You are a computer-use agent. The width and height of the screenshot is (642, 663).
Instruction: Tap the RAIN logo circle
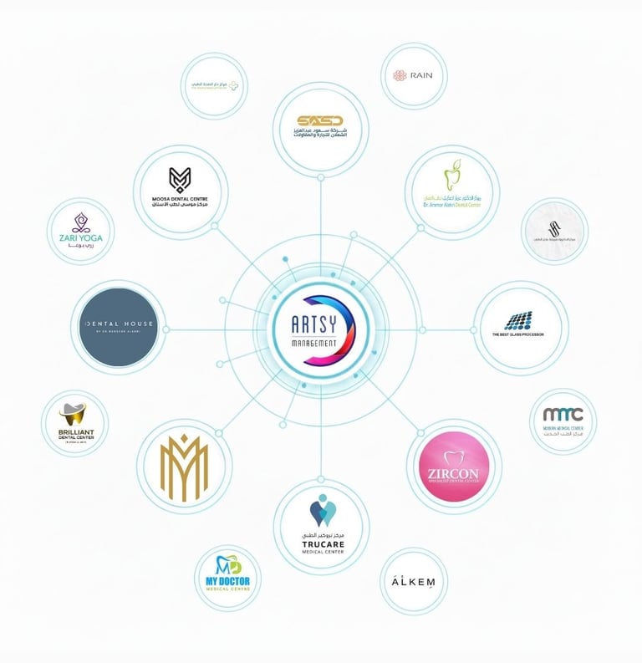tap(413, 76)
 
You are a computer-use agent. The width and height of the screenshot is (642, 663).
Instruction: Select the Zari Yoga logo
tap(81, 231)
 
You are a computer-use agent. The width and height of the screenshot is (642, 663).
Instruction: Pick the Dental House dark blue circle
tap(120, 327)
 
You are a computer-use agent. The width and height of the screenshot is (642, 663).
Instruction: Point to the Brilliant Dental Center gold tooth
tap(74, 415)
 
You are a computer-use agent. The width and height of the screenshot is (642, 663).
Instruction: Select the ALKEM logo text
tap(413, 581)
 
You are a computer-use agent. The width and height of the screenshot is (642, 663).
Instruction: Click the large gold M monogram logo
tap(183, 467)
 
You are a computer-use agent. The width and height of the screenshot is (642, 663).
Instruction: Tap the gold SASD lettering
tap(320, 120)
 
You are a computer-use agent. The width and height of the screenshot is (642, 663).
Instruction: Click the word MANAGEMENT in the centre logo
tap(313, 344)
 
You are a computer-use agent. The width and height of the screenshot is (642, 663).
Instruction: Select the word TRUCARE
tap(323, 544)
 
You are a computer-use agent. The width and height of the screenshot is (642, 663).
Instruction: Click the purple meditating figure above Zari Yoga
tap(81, 222)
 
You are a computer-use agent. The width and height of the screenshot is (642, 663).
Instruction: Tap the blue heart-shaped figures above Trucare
tap(322, 510)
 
